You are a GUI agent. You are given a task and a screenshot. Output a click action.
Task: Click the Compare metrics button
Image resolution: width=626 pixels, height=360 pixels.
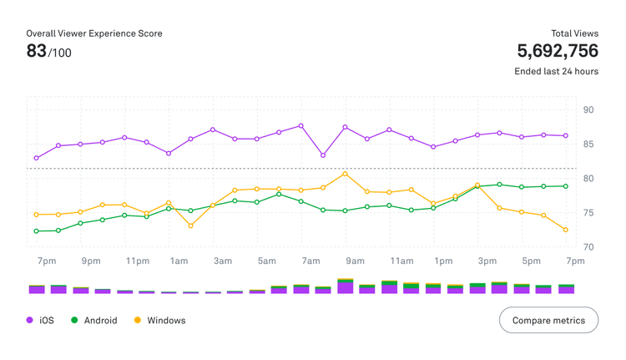548,320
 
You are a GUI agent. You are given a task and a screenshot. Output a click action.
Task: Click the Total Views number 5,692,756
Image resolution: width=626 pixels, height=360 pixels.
558,50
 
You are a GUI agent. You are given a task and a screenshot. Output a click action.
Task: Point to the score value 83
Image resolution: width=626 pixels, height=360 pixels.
36,51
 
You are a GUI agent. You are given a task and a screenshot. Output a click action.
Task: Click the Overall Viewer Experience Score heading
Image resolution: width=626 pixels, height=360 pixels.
94,33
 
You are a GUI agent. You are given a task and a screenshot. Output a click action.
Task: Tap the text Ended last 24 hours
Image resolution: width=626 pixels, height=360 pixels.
556,72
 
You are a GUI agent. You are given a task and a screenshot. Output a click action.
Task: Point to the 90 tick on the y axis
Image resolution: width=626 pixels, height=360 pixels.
588,110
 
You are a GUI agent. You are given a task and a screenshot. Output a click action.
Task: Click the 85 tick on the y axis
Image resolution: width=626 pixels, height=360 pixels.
588,145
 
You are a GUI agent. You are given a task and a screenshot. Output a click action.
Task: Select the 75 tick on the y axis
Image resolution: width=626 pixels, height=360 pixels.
588,213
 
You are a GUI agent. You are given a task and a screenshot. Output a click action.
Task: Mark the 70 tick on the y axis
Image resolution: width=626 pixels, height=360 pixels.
588,247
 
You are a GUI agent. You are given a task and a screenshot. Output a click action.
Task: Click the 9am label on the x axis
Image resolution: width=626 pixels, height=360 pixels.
355,261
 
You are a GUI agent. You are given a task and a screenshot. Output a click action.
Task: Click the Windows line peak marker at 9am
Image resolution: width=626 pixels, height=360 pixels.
345,174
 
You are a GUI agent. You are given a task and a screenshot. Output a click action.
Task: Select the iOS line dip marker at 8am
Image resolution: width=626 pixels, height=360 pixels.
323,155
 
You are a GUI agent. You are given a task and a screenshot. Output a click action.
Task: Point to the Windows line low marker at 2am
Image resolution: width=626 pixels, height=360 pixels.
190,226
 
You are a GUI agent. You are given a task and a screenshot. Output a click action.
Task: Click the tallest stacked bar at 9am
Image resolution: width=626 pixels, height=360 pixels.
345,286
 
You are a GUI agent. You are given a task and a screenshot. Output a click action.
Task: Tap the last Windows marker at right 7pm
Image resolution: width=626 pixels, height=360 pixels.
566,230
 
